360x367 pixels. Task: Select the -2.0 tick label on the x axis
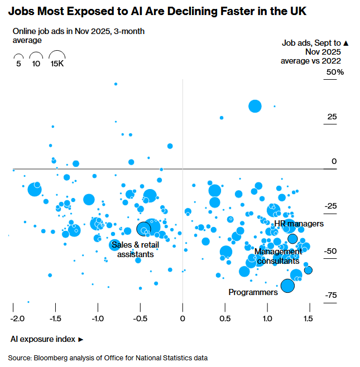[x=18, y=318]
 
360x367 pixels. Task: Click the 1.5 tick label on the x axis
[x=308, y=318]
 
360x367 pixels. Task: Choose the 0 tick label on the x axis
[x=183, y=318]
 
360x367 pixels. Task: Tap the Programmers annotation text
[x=253, y=292]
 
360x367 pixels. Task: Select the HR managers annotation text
[x=299, y=224]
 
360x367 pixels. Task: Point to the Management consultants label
[x=277, y=256]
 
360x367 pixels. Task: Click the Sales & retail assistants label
[x=132, y=249]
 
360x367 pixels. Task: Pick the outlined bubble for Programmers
[x=287, y=286]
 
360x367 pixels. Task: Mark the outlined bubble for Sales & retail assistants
[x=144, y=229]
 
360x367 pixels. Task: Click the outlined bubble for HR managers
[x=292, y=238]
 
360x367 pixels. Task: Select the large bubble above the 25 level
[x=255, y=106]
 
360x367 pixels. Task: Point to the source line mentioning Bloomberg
[x=107, y=358]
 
